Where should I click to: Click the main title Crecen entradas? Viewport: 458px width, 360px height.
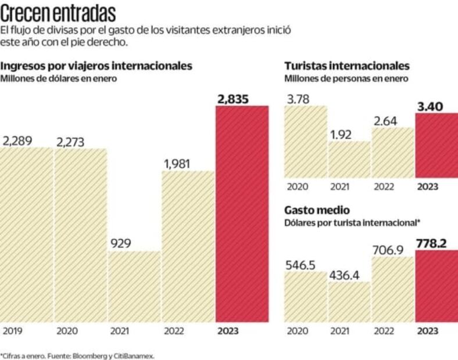point(58,13)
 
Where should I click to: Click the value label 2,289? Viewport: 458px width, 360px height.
point(17,141)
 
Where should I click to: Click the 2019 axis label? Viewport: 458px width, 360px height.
point(12,332)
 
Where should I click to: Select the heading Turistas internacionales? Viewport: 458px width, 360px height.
point(347,66)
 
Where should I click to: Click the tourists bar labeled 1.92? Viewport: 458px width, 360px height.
point(349,160)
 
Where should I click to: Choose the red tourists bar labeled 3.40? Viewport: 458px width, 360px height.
point(436,145)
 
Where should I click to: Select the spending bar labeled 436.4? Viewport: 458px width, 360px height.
point(349,302)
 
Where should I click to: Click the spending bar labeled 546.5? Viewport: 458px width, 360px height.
point(305,296)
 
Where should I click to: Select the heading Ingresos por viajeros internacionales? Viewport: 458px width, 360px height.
point(96,66)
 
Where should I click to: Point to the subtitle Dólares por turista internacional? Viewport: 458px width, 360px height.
point(352,222)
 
